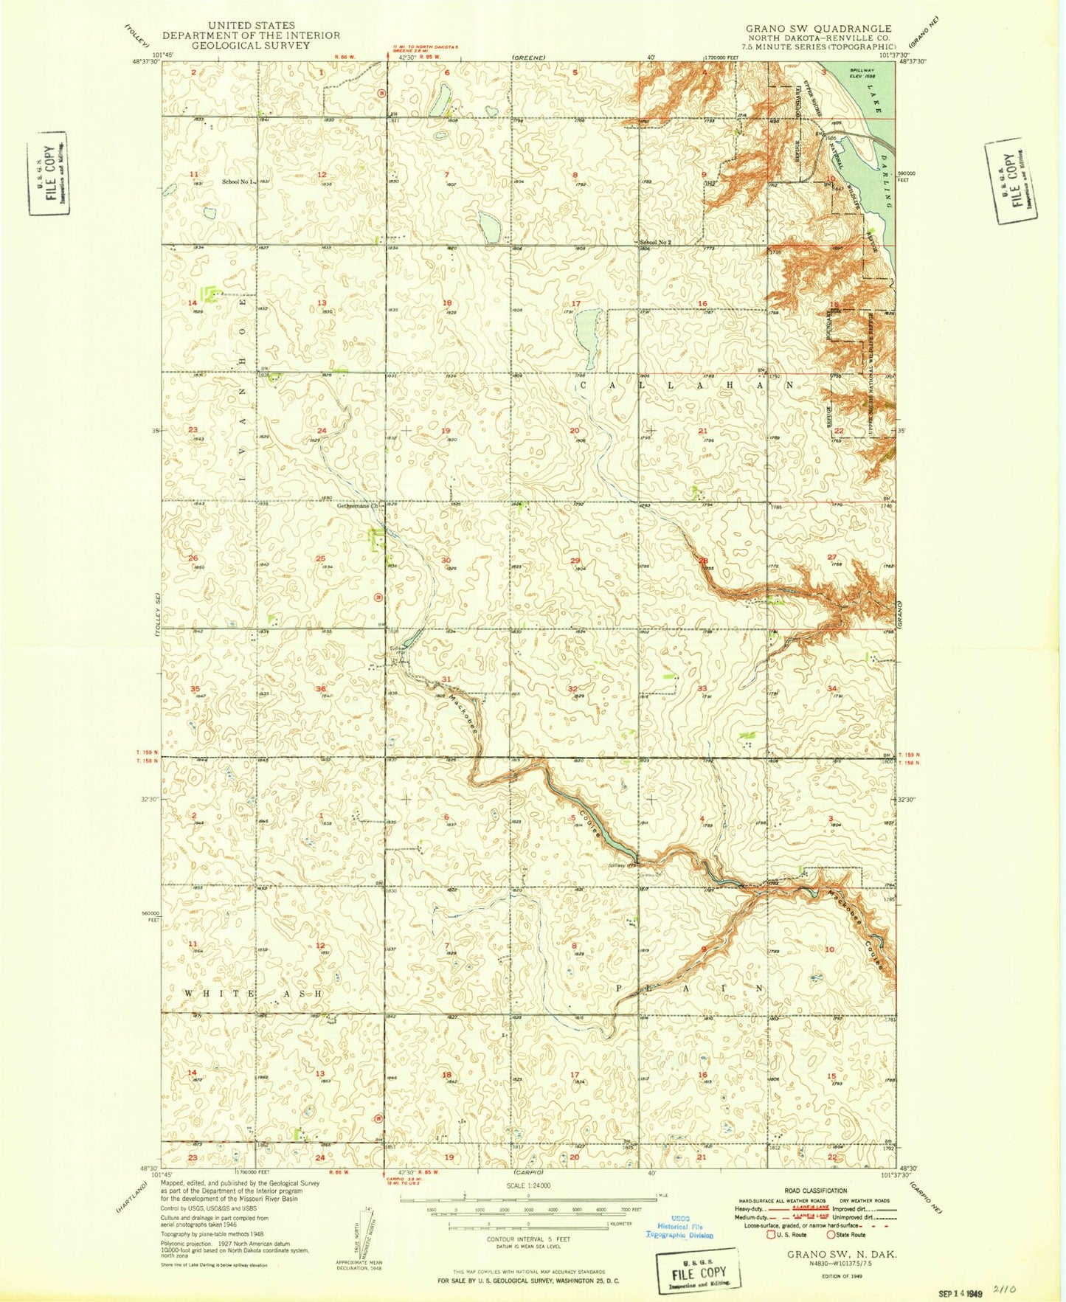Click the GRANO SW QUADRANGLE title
(x=818, y=28)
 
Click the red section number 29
(x=575, y=561)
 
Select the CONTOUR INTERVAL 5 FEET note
(x=522, y=1239)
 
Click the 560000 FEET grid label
(x=149, y=915)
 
